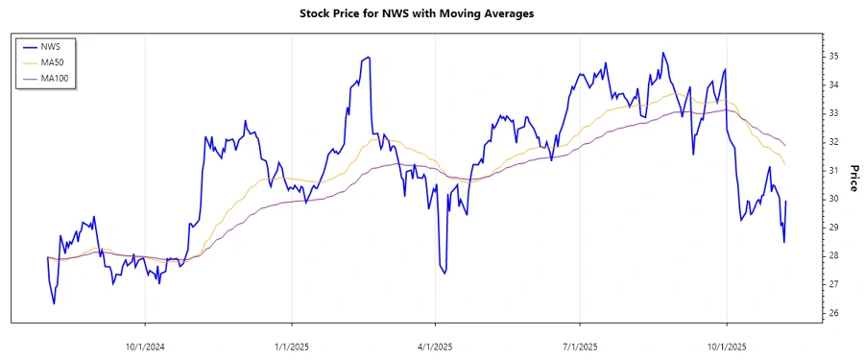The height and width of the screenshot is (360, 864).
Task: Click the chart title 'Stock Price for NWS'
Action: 431,14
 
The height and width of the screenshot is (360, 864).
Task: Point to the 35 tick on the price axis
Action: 834,57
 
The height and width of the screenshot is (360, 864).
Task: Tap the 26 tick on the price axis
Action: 834,313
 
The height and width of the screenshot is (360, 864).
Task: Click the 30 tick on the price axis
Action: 834,199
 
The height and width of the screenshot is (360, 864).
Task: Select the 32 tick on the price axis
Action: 834,142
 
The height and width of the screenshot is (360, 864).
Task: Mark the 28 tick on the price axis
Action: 834,256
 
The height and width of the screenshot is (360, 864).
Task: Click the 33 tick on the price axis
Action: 834,113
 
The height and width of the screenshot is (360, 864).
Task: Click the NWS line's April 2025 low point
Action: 444,274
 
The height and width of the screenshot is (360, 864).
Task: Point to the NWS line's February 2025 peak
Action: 369,58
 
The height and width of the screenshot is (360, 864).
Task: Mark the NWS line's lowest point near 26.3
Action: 54,303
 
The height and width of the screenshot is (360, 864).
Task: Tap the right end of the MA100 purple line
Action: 786,145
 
